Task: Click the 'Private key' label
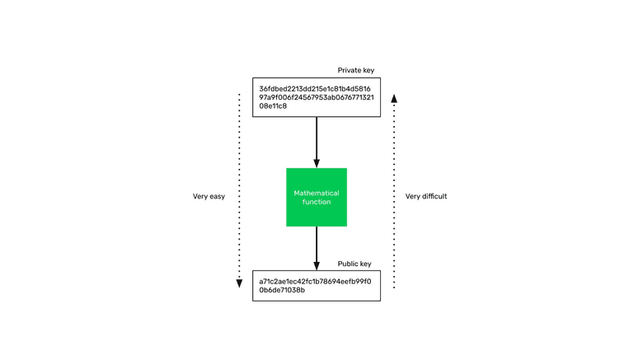tap(356, 70)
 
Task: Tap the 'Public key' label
tap(354, 264)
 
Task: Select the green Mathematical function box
tap(317, 197)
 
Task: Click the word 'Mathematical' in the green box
tap(317, 193)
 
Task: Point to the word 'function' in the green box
tap(317, 202)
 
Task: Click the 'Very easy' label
tap(209, 197)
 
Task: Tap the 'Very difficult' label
tap(426, 197)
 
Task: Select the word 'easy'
tap(216, 197)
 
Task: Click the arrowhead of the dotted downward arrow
tap(239, 283)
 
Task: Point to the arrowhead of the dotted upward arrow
tap(394, 98)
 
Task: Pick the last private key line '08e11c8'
tap(273, 105)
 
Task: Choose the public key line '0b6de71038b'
tap(282, 290)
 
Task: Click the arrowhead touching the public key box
tap(317, 266)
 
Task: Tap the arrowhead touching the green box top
tap(317, 163)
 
